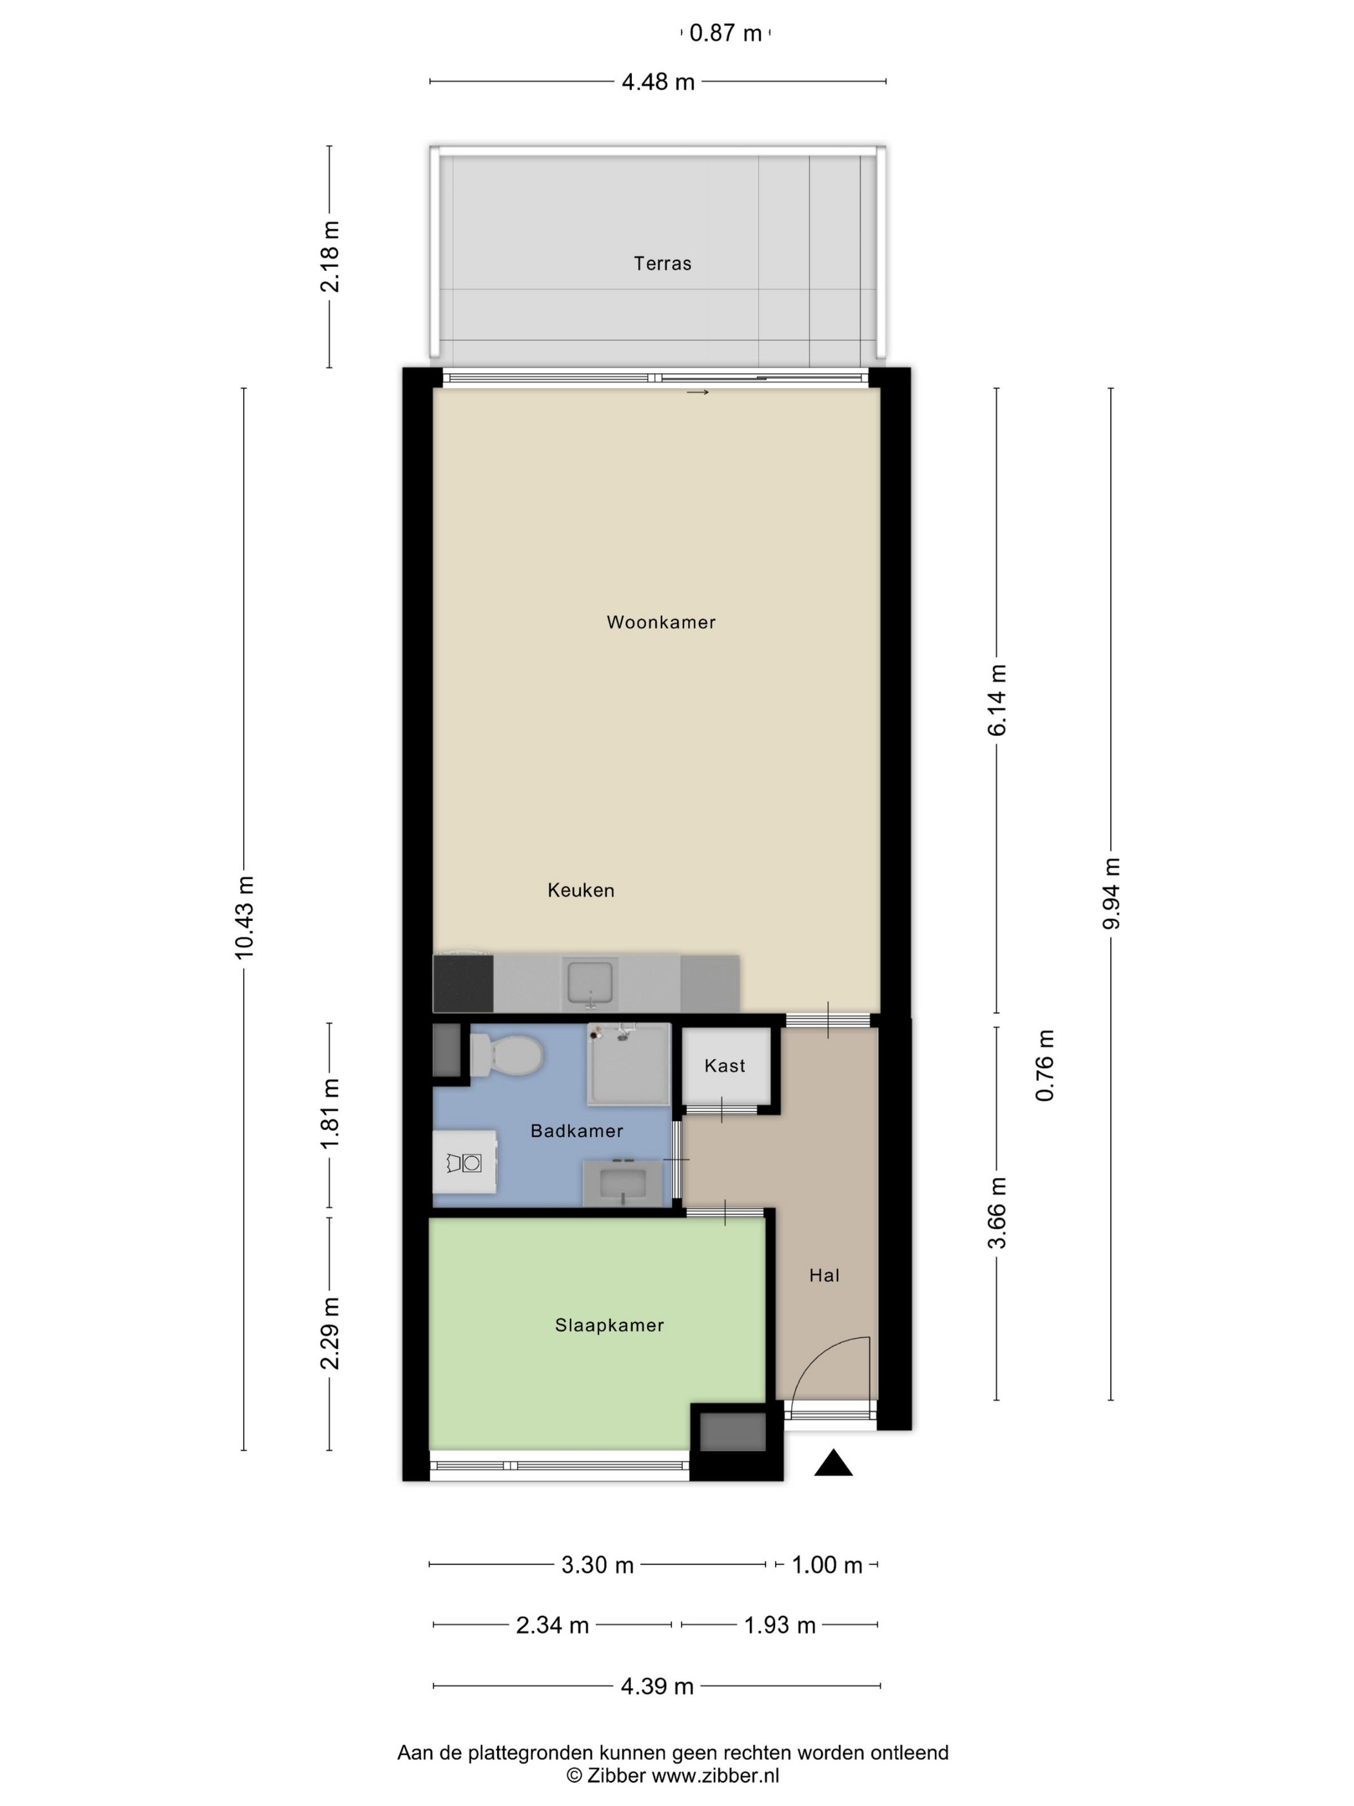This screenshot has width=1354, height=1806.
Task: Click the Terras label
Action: click(662, 264)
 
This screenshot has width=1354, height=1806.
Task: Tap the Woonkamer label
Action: click(661, 622)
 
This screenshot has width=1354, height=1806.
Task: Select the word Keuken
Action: click(580, 890)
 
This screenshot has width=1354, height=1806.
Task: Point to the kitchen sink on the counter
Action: click(589, 982)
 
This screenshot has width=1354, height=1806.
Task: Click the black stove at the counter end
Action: click(463, 983)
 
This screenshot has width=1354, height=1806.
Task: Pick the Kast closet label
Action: click(725, 1066)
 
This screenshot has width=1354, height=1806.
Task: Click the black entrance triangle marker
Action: click(833, 1462)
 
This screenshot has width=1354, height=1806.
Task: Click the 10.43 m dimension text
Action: click(244, 918)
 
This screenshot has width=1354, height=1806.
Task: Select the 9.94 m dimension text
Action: click(1111, 893)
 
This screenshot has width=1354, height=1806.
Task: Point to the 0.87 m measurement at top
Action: click(725, 33)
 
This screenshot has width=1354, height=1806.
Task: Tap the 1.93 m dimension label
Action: click(780, 1625)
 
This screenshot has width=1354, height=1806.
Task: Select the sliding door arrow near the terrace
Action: click(698, 393)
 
